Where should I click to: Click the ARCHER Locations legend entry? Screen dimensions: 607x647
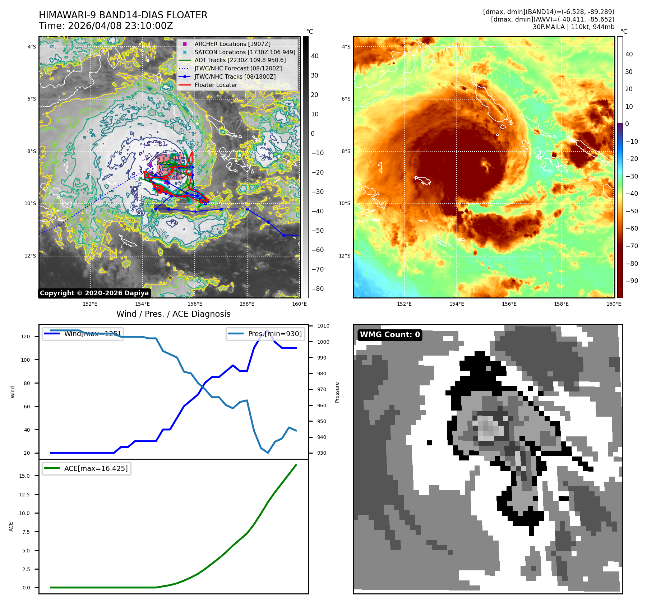(x=232, y=44)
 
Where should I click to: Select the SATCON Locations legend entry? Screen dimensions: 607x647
(x=244, y=52)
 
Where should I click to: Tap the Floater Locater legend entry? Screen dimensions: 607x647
(x=216, y=85)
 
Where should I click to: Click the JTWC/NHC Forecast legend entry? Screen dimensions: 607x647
(x=238, y=68)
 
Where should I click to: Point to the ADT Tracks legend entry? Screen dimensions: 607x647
(x=240, y=60)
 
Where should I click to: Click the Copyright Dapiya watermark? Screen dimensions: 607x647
(x=94, y=293)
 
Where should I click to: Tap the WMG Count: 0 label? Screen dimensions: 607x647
(x=390, y=335)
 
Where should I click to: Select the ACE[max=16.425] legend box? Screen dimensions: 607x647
(x=87, y=468)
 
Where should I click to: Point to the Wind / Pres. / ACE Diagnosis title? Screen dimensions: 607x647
(x=173, y=314)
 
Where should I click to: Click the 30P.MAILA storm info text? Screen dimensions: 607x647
(x=573, y=27)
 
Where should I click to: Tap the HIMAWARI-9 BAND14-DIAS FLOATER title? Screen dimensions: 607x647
(x=123, y=15)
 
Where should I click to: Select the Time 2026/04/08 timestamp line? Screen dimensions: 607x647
(x=106, y=26)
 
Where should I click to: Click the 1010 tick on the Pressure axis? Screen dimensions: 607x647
(x=323, y=326)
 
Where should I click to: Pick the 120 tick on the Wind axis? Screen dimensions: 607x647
(x=26, y=337)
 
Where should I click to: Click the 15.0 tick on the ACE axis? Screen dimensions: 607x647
(x=24, y=476)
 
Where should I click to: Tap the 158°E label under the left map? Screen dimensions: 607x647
(x=247, y=304)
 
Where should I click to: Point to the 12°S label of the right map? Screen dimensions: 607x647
(x=344, y=256)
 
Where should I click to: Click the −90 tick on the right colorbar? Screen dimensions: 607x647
(x=632, y=281)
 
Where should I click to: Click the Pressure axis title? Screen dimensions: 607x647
(x=337, y=392)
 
